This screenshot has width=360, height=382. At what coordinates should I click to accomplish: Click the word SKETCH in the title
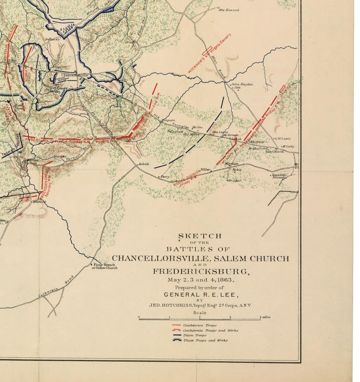200,236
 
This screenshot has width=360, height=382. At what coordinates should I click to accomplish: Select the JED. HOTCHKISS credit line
200,305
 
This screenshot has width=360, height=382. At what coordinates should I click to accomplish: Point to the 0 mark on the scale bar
139,317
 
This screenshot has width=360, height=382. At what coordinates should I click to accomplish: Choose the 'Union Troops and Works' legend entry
205,340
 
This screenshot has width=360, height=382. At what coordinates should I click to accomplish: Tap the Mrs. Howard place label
229,10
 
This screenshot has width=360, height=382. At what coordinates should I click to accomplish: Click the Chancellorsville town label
74,75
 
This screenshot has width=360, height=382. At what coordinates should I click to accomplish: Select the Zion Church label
274,152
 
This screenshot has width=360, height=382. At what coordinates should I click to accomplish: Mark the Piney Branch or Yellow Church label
104,266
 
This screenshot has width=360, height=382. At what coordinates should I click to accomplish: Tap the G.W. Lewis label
283,138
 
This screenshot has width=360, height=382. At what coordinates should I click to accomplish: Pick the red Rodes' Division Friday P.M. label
188,179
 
